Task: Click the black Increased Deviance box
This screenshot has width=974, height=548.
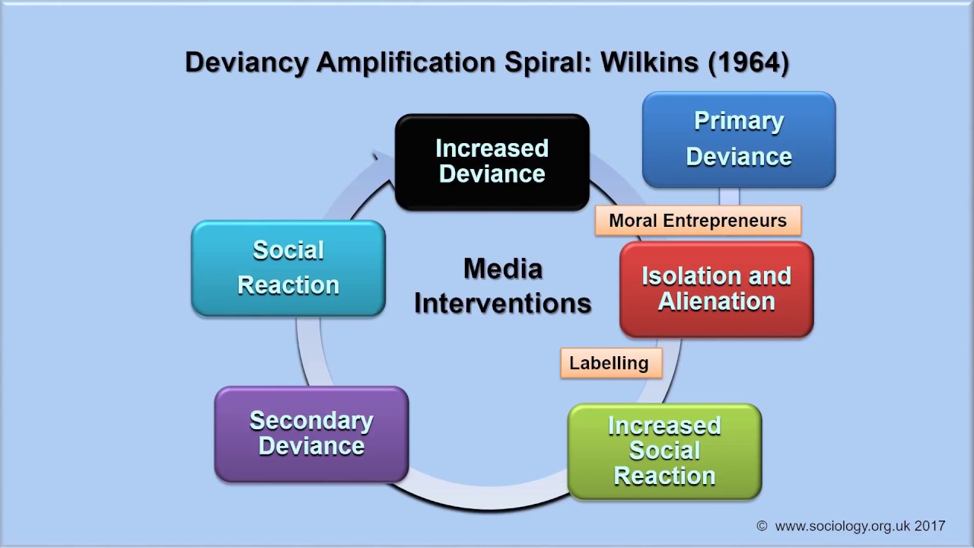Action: pos(492,161)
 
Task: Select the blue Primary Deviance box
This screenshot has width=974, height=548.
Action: pos(739,139)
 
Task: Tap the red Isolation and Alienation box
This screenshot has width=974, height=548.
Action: pos(716,289)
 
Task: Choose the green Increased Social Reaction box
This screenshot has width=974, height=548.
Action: pos(664,451)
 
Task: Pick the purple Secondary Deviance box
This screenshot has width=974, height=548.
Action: pos(311,434)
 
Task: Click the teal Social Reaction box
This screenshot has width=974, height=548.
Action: pos(288,268)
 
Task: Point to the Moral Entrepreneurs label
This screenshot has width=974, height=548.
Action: pos(697,221)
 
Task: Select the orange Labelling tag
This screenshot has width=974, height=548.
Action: pos(610,363)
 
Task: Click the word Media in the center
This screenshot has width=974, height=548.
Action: pos(502,269)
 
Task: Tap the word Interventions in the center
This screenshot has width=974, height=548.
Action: pos(502,303)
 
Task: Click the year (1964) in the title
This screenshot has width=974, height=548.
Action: pos(748,62)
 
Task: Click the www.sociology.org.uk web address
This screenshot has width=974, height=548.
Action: pos(842,525)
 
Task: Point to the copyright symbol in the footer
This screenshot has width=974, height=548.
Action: pos(762,526)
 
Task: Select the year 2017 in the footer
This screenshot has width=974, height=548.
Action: pos(930,525)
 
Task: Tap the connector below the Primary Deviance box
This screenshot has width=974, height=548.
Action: pos(729,196)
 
